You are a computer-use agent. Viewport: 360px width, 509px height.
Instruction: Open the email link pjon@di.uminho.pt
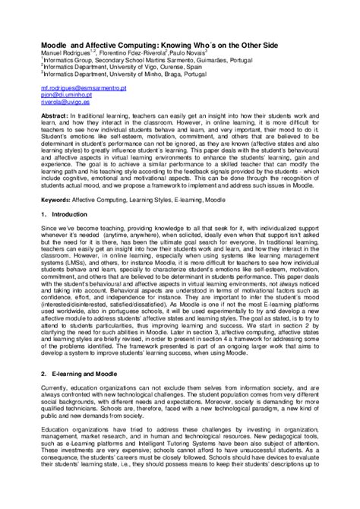(x=66, y=96)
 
